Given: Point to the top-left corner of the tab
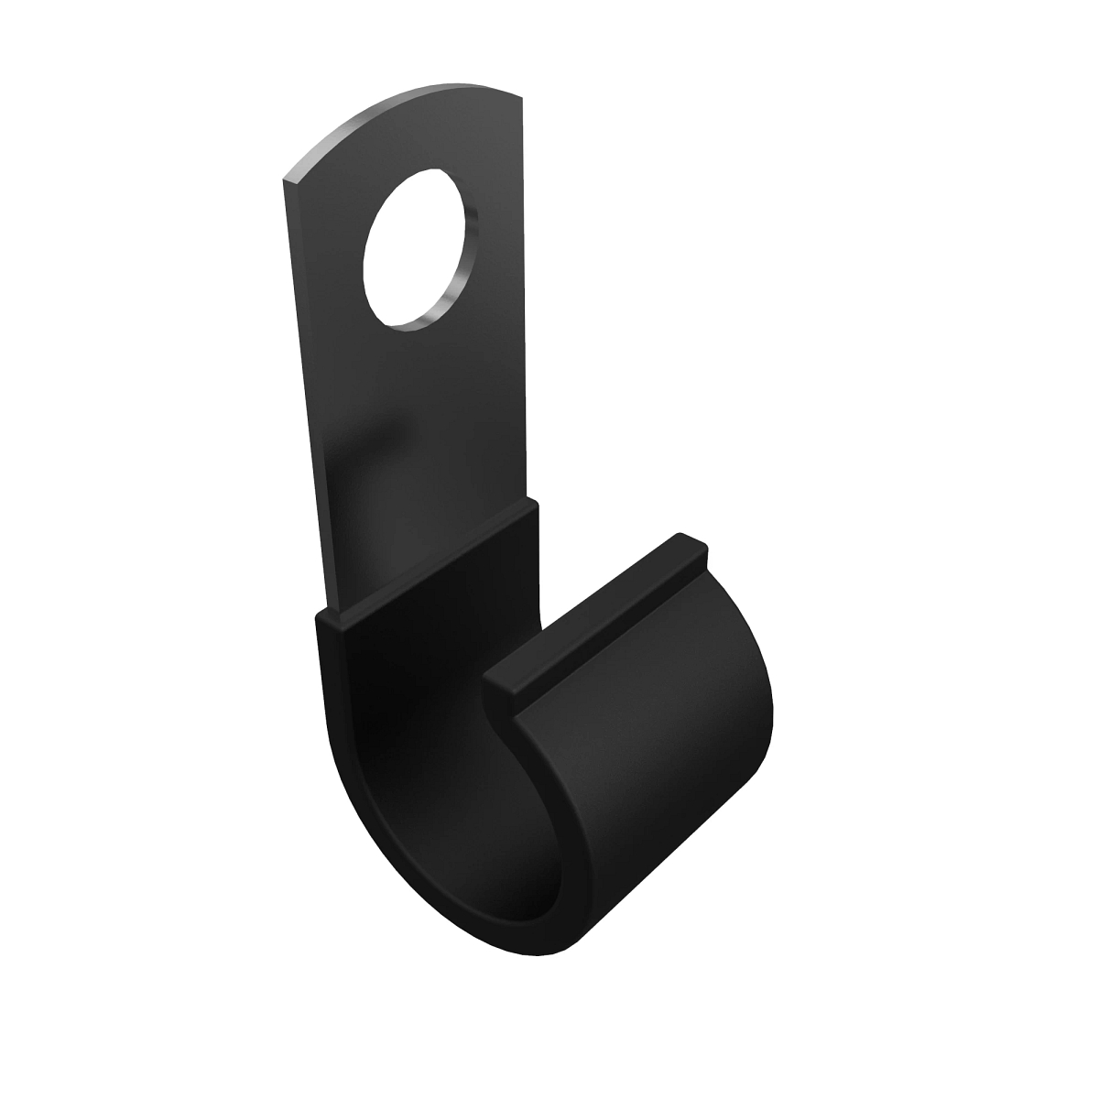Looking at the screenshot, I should (x=286, y=177).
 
